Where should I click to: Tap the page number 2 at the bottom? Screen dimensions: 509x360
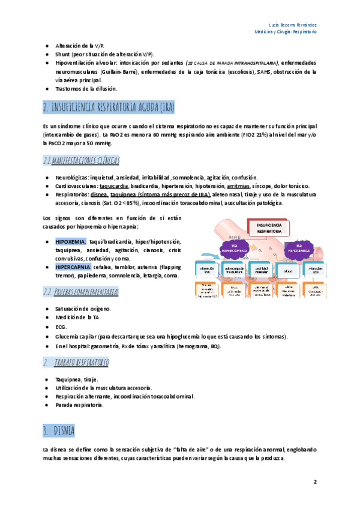314,482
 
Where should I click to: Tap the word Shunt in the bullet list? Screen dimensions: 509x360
65,54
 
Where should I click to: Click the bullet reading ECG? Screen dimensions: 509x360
61,327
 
